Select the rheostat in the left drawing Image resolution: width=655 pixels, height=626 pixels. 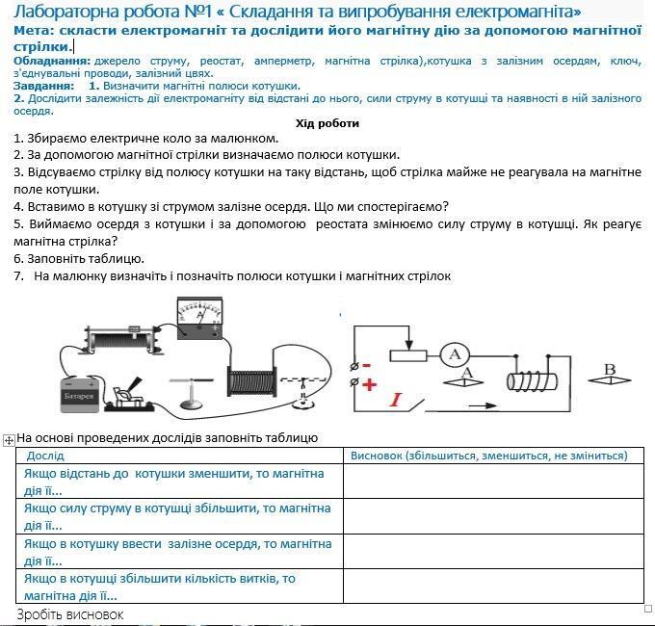click(x=118, y=340)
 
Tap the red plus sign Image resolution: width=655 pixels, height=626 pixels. click(x=370, y=383)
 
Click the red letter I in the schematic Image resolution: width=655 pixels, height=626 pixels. click(x=395, y=399)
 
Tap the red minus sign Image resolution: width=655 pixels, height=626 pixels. click(x=368, y=366)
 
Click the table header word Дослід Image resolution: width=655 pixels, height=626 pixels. click(x=45, y=456)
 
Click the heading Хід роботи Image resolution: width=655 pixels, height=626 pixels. click(x=327, y=123)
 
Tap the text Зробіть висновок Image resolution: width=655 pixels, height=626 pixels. click(x=70, y=614)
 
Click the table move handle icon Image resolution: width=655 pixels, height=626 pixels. click(x=9, y=439)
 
